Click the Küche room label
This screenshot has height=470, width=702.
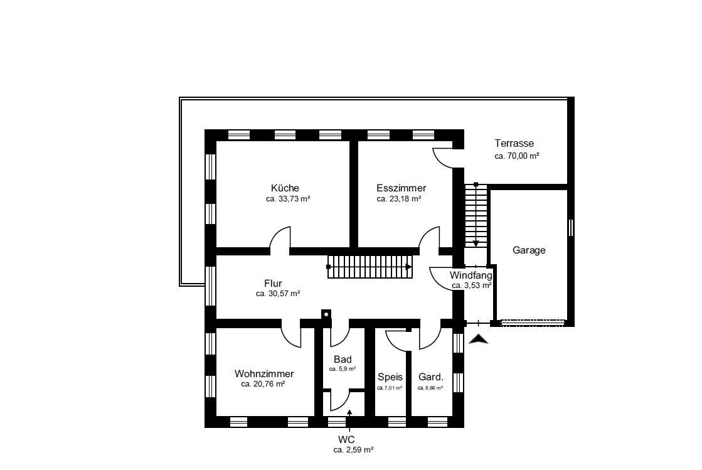tap(285, 188)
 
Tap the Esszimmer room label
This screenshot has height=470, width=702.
tap(401, 188)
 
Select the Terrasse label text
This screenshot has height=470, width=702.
tap(514, 143)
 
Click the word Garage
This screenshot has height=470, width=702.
tap(529, 250)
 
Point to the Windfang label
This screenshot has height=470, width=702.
tap(471, 275)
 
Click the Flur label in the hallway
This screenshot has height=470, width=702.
tap(273, 284)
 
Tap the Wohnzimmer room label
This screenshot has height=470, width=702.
tap(264, 374)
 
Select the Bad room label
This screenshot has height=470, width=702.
tap(343, 360)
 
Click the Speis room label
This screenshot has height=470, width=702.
tap(390, 377)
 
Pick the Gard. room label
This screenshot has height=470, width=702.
tap(431, 377)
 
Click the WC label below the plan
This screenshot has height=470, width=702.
tap(346, 440)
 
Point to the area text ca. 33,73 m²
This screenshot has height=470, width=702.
tap(288, 199)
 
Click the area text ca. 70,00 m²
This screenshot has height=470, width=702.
tap(517, 156)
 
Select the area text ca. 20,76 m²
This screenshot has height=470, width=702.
tap(263, 384)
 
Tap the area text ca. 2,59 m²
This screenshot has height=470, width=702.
tap(353, 451)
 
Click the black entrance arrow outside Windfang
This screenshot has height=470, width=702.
tap(478, 339)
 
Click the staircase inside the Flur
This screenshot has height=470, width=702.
tap(370, 267)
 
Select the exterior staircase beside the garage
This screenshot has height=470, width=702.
tap(476, 216)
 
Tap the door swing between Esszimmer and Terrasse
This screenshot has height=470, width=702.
tap(443, 159)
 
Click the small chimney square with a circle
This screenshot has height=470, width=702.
tap(326, 314)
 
